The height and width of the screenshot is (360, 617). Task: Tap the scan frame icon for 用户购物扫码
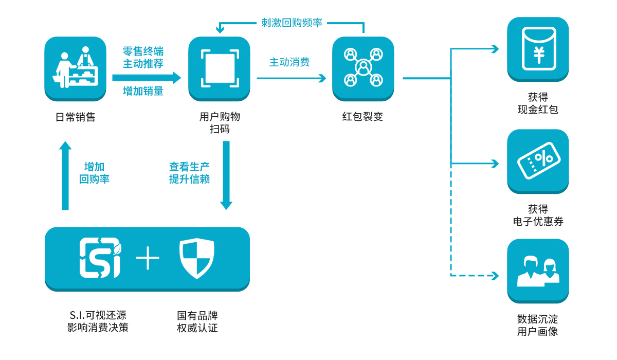coord(219,68)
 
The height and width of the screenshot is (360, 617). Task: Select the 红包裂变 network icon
coord(363,68)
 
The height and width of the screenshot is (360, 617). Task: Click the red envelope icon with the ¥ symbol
coord(538,49)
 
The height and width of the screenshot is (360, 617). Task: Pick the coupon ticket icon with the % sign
coord(538,161)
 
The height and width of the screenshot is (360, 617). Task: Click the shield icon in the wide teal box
coord(197,258)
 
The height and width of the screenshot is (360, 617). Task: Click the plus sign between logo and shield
coord(148,258)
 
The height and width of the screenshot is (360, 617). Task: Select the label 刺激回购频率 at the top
coord(292,23)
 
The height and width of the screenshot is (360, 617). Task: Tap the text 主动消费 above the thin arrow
coord(289,62)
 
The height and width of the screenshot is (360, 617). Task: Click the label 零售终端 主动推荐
coord(143,58)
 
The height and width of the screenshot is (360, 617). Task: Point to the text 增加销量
coord(143,91)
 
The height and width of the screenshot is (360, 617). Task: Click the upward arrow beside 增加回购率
coord(65,175)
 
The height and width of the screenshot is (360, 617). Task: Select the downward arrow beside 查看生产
coord(225,175)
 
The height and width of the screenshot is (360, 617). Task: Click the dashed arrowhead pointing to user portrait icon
coord(495,276)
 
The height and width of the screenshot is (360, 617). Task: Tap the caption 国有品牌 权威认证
coord(197,321)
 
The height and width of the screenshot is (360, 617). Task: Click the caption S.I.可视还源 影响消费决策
coord(98,321)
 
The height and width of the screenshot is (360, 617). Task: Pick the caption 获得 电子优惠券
coord(538,215)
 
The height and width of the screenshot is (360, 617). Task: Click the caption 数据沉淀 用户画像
coord(538,326)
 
